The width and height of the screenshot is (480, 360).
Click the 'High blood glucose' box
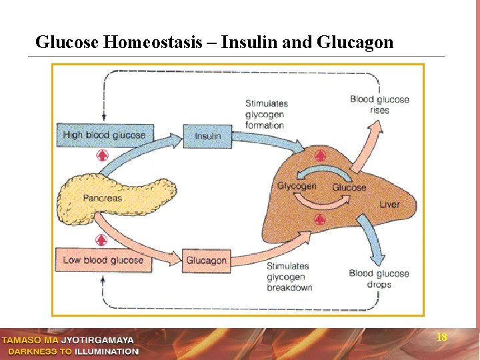tap(105, 135)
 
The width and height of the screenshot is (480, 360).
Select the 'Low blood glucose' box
tap(103, 260)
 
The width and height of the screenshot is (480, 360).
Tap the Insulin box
tap(207, 136)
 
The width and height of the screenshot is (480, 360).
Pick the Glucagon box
tap(206, 261)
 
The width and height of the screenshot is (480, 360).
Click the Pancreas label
tap(103, 198)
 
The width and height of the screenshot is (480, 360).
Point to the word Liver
tap(389, 204)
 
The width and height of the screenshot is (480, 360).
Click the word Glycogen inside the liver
tap(297, 186)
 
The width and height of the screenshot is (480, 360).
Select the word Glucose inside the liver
tap(349, 187)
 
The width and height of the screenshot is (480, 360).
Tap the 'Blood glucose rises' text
tap(379, 105)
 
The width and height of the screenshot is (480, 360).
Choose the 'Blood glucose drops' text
tap(379, 279)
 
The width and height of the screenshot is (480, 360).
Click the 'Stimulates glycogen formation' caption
tap(266, 114)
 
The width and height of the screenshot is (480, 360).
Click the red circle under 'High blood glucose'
tap(101, 155)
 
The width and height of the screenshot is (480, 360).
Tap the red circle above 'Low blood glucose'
tap(101, 240)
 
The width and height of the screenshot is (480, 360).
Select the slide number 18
tap(441, 337)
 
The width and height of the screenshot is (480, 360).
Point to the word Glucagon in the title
tap(355, 43)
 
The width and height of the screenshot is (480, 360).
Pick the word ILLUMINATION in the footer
tap(107, 351)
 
